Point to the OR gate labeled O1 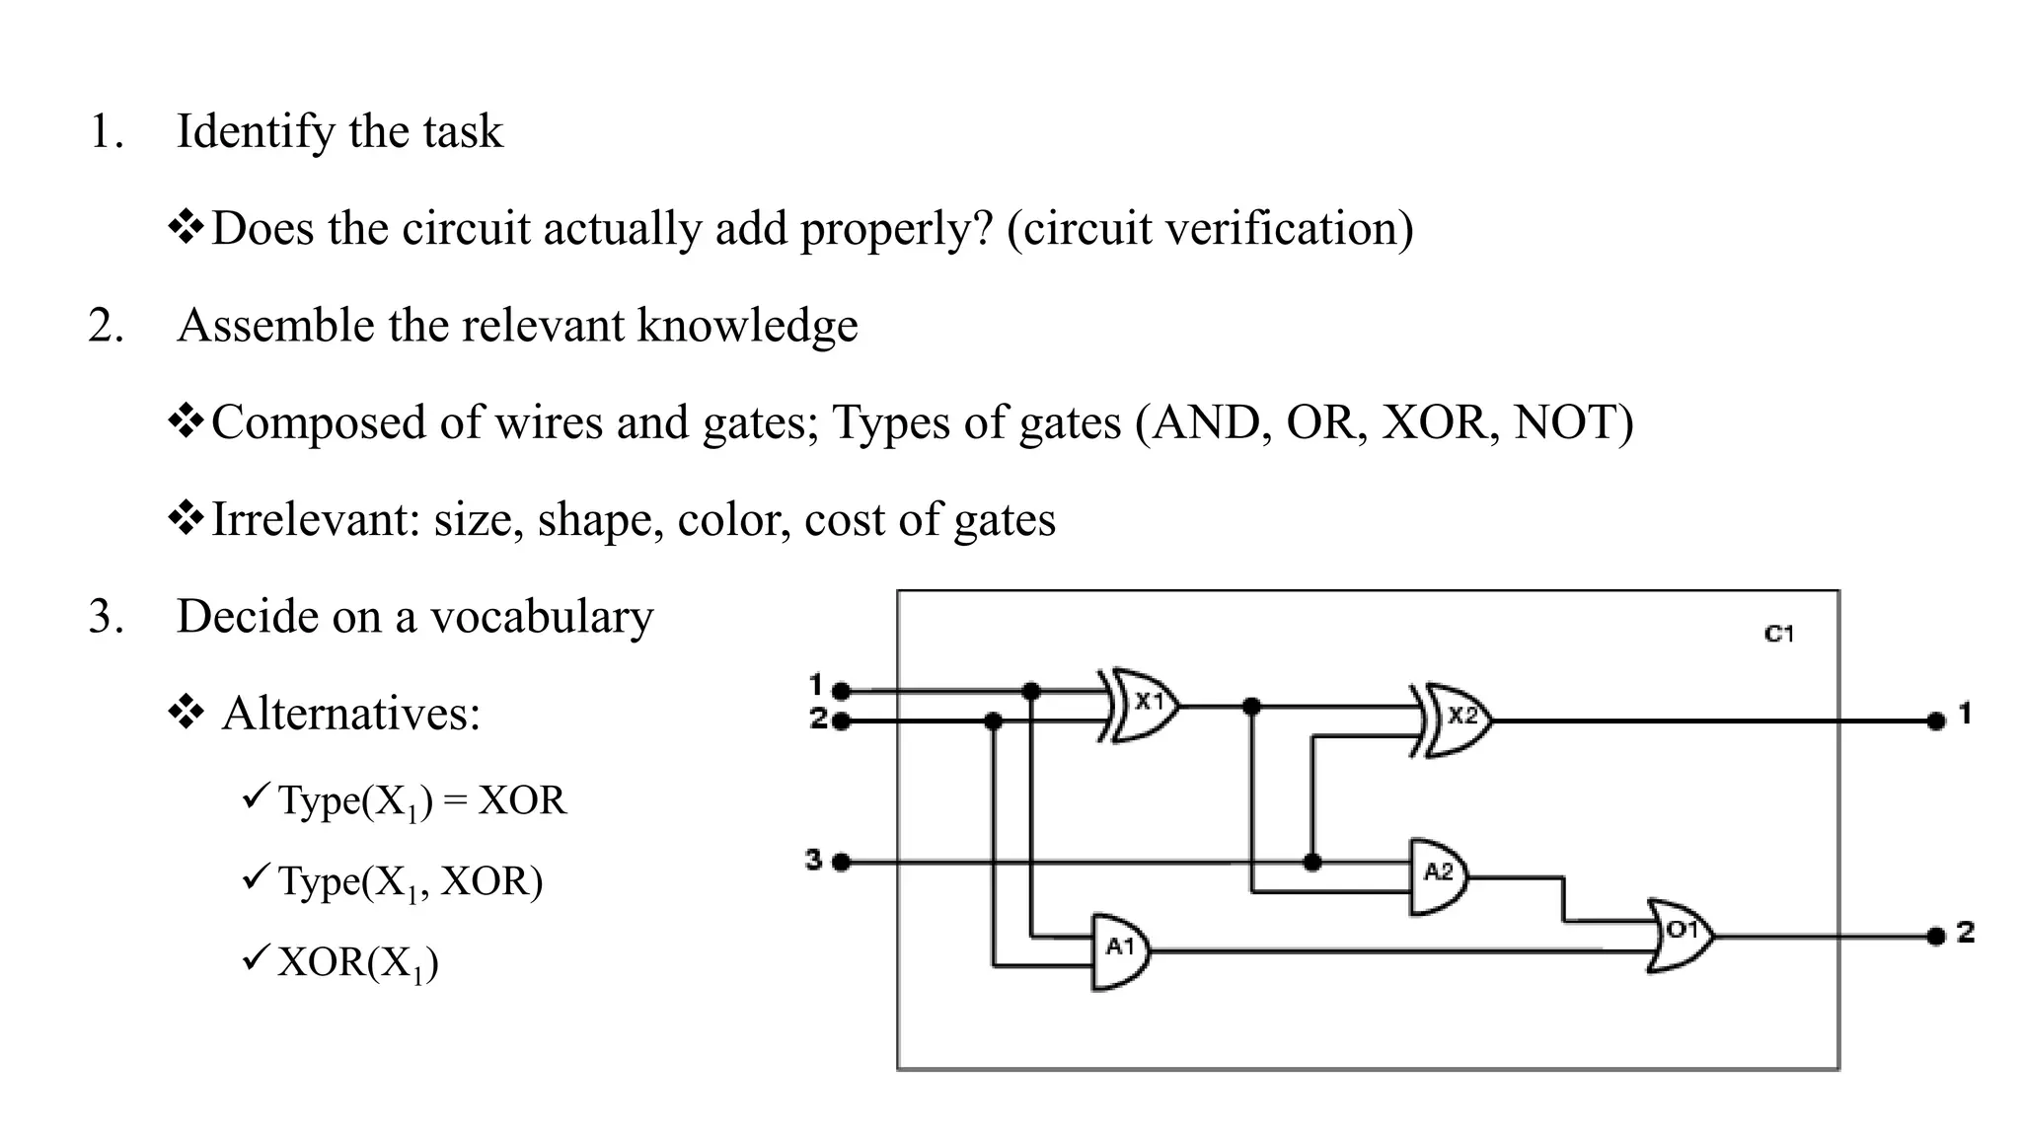1680,934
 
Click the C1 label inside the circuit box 1778,634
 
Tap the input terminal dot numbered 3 841,863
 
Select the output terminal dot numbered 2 1935,936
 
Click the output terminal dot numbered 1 1935,721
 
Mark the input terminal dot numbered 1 841,691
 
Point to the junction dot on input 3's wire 1311,863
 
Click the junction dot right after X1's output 1251,707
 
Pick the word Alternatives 350,713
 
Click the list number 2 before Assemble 105,326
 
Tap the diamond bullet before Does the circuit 186,228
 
